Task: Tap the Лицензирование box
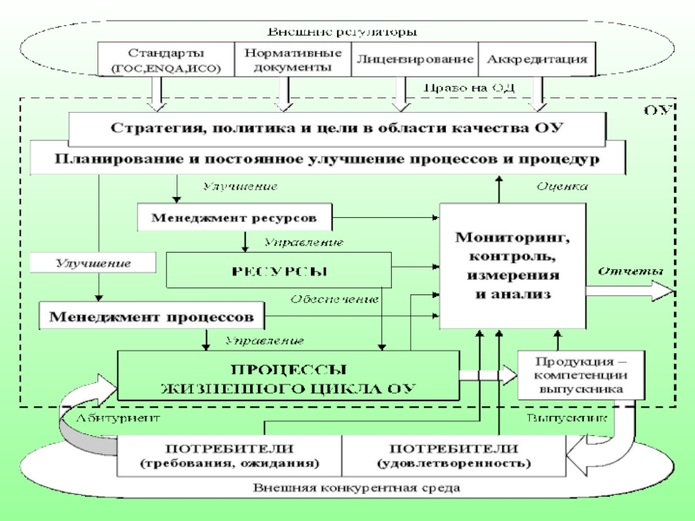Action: [414, 59]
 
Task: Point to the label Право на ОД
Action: [459, 88]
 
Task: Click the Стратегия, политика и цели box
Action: [337, 129]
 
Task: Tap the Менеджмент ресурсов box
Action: [235, 215]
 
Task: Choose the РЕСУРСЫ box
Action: [279, 270]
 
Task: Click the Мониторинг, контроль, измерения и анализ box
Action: [513, 265]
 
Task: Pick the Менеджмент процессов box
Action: [151, 313]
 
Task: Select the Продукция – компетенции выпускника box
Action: [578, 374]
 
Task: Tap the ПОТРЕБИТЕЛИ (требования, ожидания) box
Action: [229, 456]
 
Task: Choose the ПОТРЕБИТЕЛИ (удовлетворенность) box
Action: [454, 456]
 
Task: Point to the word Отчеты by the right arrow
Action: [630, 271]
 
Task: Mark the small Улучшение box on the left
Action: [93, 262]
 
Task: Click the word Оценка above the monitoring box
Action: [561, 187]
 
